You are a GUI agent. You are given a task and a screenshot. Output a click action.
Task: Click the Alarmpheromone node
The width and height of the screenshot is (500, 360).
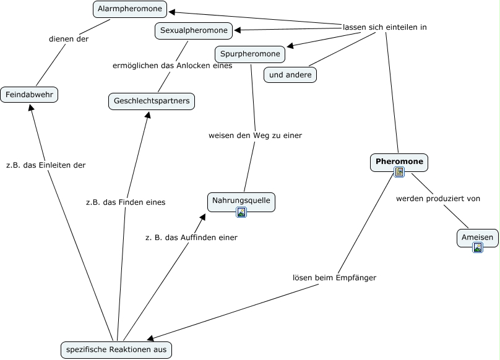point(130,9)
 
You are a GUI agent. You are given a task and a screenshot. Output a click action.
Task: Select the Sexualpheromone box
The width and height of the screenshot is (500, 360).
point(194,30)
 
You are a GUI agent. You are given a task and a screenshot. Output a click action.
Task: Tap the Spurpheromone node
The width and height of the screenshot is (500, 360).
point(250,54)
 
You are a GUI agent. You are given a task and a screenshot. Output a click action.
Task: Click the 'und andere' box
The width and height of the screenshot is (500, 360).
point(290,75)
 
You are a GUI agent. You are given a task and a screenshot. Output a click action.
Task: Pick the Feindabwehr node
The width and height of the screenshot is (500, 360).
point(29,95)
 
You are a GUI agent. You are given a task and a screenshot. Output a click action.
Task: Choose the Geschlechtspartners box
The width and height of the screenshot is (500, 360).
point(152,101)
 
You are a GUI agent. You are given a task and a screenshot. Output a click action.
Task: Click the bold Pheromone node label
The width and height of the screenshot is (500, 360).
point(399,161)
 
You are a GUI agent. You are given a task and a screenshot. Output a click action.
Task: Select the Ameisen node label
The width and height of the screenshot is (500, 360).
point(477,238)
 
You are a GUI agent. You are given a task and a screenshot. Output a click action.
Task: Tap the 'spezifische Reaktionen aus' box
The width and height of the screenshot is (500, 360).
point(116,350)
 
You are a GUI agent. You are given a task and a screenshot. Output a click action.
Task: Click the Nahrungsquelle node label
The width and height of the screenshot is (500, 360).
point(241,200)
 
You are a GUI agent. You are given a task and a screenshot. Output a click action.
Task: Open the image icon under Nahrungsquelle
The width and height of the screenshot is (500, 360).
point(241,212)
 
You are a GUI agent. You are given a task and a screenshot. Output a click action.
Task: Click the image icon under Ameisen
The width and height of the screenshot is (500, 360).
point(478,247)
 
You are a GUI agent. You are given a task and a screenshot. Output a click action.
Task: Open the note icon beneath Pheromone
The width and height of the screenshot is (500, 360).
point(399,172)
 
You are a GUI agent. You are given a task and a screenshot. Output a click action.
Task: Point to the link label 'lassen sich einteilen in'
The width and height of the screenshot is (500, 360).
point(384,27)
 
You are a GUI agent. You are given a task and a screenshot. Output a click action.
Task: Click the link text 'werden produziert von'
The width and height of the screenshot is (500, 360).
point(438,199)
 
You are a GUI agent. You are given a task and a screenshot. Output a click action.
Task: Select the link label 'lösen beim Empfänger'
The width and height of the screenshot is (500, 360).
point(334,278)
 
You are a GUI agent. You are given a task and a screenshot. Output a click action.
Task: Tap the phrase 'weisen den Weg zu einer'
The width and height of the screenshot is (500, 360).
point(255,135)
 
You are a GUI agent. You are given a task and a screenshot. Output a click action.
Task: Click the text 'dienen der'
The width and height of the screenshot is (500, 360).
point(69,39)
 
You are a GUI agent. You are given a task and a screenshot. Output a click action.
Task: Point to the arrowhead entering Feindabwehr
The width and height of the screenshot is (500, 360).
point(30,108)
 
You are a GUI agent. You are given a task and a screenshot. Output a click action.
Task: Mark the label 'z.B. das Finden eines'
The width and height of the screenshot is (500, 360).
point(126,202)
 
